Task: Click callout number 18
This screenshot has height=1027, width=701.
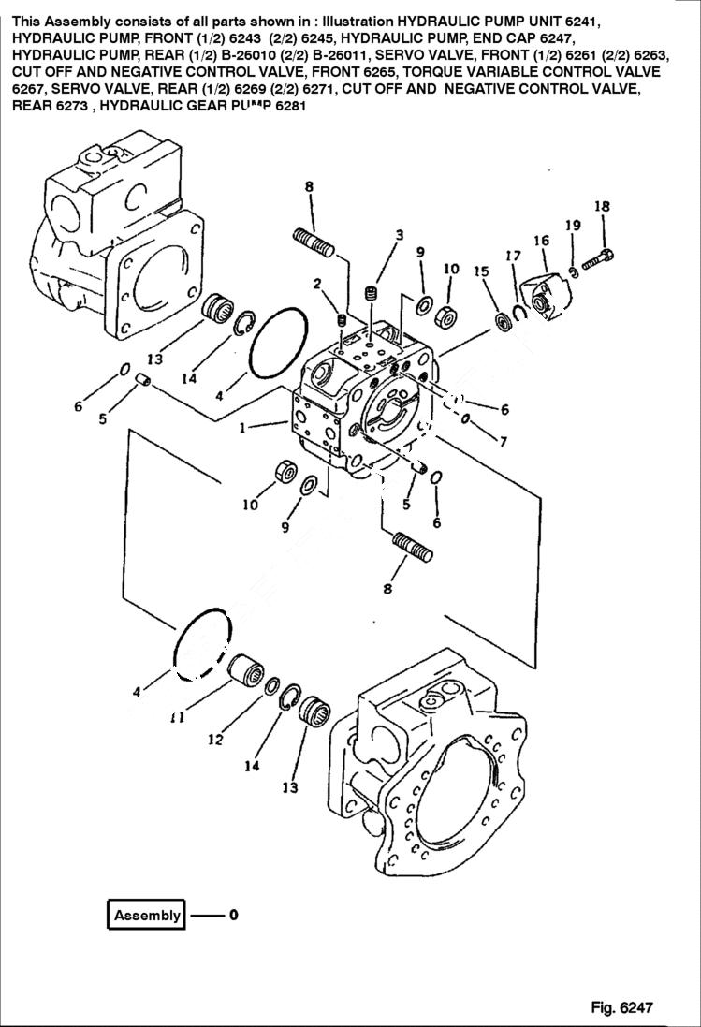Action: [602, 207]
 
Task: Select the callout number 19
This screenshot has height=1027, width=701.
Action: [572, 225]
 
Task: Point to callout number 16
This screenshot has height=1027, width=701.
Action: [541, 242]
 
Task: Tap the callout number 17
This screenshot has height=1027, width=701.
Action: [513, 256]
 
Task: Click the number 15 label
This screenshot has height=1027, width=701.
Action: [481, 271]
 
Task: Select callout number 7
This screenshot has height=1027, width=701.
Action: [504, 441]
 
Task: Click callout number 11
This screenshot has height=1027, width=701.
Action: [177, 718]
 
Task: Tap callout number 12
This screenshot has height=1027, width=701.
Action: [215, 739]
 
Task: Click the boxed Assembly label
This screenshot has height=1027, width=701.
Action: [146, 916]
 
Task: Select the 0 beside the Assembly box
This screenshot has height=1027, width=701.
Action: [233, 916]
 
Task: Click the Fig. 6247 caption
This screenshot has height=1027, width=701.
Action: [621, 1007]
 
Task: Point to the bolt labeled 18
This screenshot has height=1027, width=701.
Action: [596, 259]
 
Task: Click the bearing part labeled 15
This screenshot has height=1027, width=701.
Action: [504, 321]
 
